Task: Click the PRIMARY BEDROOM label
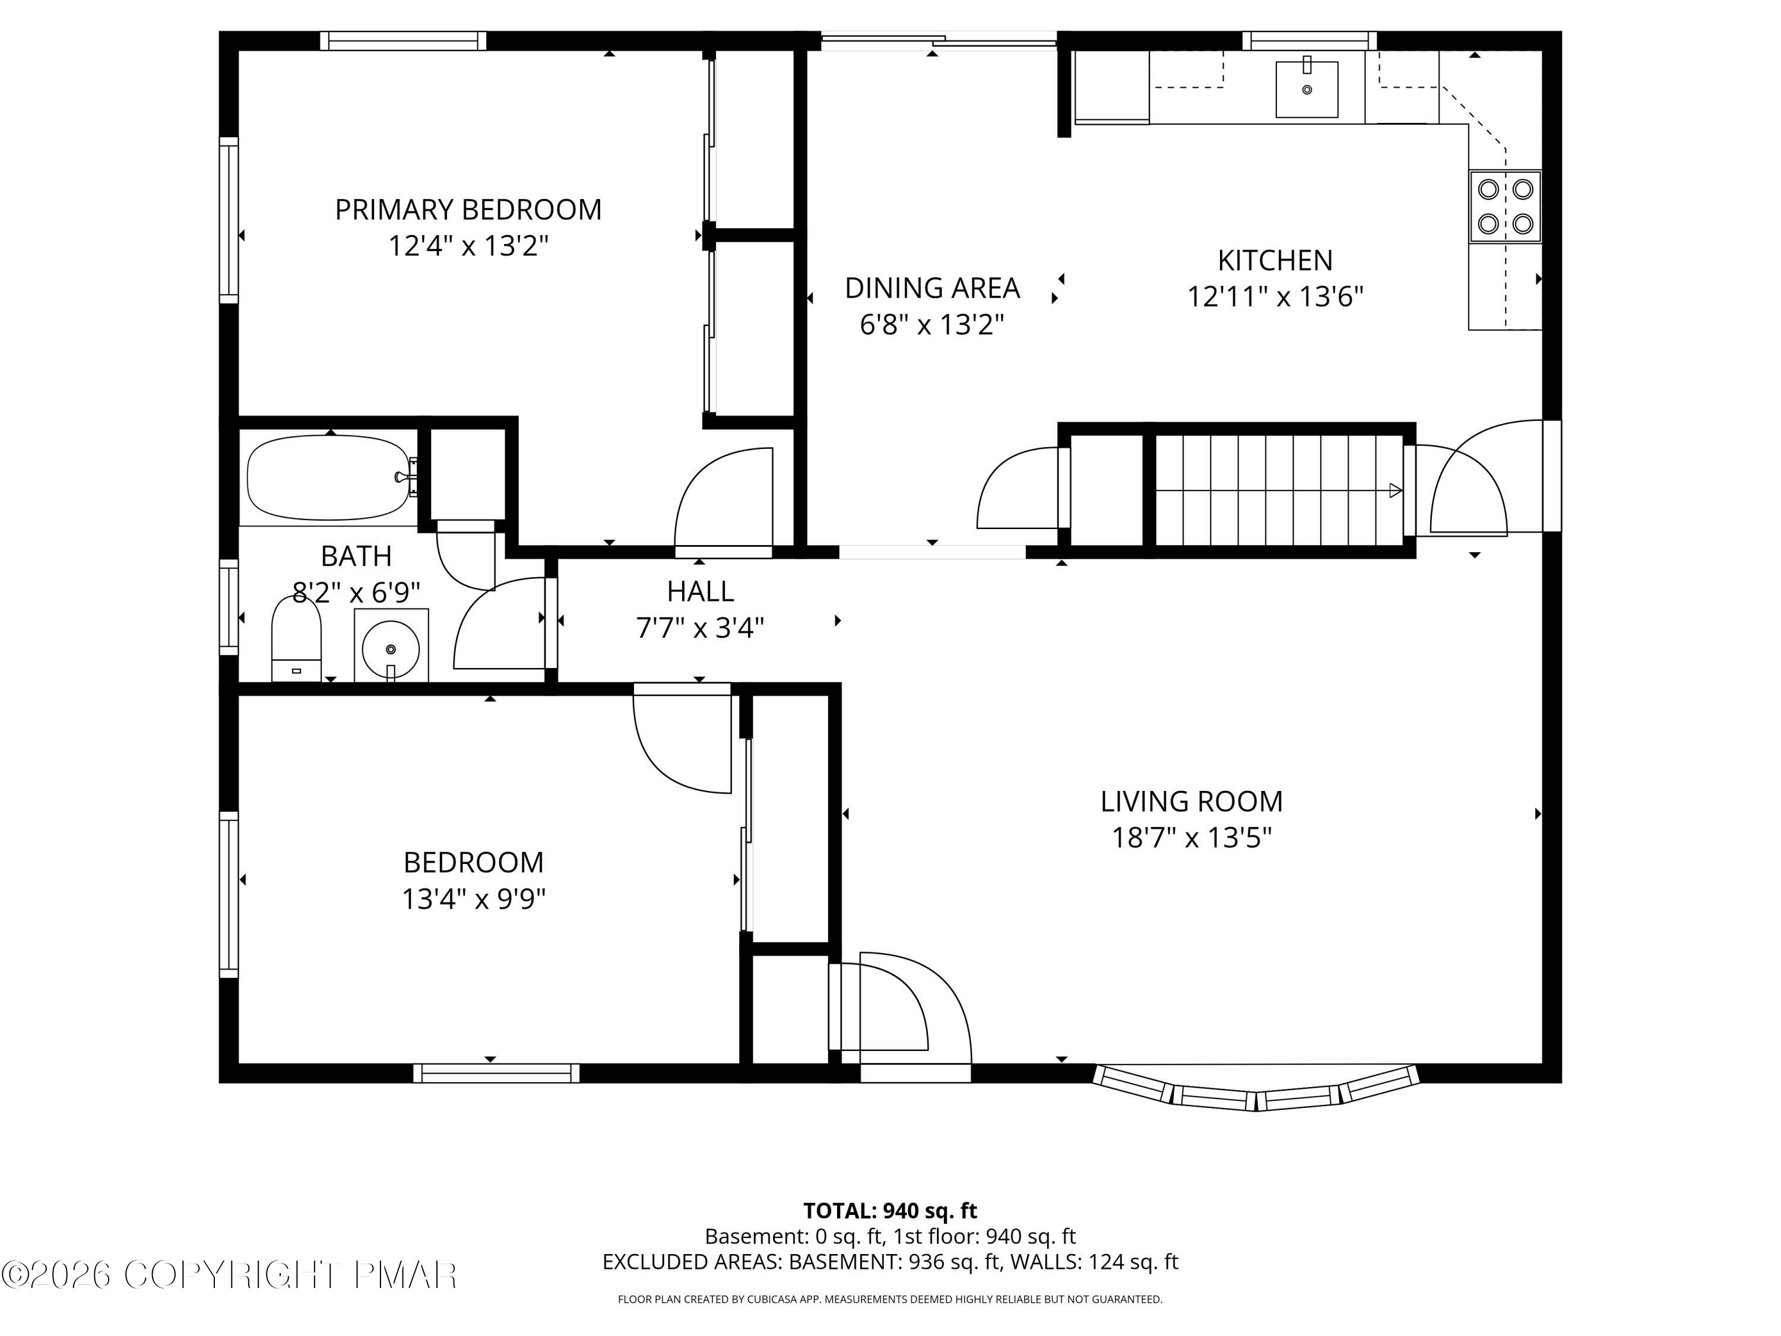pos(468,210)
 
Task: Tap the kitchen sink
pos(1306,88)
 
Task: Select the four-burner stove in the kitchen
pos(1505,206)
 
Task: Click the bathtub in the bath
pos(328,477)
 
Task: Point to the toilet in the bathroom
pos(296,638)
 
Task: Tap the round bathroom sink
pos(391,647)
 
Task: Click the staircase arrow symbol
pos(1395,490)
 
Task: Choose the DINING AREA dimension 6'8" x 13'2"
pos(931,325)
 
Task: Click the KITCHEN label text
pos(1275,261)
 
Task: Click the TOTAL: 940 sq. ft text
pos(890,1210)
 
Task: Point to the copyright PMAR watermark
pos(230,1275)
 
